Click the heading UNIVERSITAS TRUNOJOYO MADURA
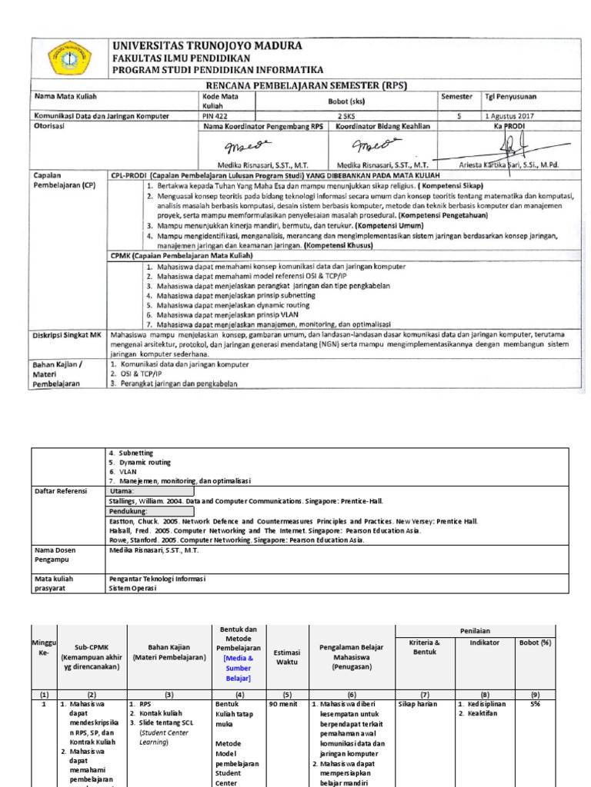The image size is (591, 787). (207, 45)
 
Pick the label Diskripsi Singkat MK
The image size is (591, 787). (65, 336)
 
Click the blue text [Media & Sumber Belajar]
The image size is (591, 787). (237, 669)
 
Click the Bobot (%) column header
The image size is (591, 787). (535, 643)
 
